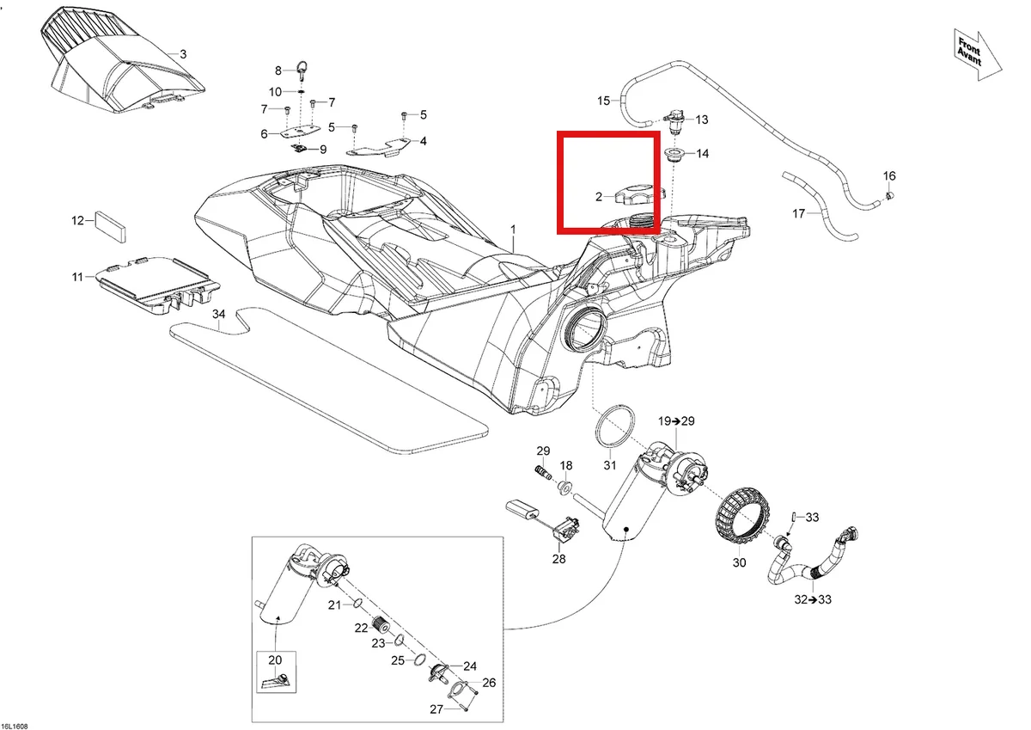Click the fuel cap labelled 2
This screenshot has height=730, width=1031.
[640, 193]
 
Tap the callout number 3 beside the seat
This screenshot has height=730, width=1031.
[183, 54]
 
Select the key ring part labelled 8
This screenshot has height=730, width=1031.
[302, 72]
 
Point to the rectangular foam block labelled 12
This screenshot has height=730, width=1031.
[111, 227]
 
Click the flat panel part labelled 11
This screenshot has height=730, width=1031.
[156, 285]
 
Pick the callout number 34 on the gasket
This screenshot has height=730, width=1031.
[218, 314]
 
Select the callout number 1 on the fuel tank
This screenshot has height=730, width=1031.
[513, 229]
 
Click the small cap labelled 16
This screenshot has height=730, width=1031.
[890, 196]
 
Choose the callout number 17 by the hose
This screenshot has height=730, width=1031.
[798, 214]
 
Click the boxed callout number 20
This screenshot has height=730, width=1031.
[275, 660]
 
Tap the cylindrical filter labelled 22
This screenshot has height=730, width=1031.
[380, 624]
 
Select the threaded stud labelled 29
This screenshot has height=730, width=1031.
[543, 473]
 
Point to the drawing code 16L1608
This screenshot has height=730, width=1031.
[15, 727]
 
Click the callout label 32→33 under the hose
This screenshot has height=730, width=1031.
[813, 599]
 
